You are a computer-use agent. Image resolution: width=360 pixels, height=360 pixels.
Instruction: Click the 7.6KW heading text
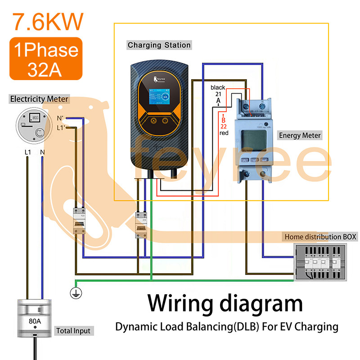click(x=48, y=21)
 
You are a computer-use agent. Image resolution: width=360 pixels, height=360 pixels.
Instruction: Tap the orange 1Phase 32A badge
click(x=46, y=58)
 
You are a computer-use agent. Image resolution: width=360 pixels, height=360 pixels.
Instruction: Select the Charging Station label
click(x=159, y=45)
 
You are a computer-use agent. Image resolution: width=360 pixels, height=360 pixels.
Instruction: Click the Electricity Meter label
click(x=39, y=99)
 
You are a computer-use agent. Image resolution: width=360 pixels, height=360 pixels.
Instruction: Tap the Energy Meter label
click(x=300, y=135)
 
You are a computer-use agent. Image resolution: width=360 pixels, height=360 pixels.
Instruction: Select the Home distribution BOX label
click(x=320, y=237)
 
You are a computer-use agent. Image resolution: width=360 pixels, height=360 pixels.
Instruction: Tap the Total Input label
click(x=73, y=331)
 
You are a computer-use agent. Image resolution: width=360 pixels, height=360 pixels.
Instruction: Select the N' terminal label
click(x=60, y=119)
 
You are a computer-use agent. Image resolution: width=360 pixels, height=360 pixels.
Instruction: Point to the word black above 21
click(x=218, y=87)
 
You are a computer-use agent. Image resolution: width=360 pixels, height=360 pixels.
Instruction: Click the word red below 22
click(x=224, y=133)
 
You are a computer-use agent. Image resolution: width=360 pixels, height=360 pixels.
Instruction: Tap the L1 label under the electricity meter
click(x=27, y=153)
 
